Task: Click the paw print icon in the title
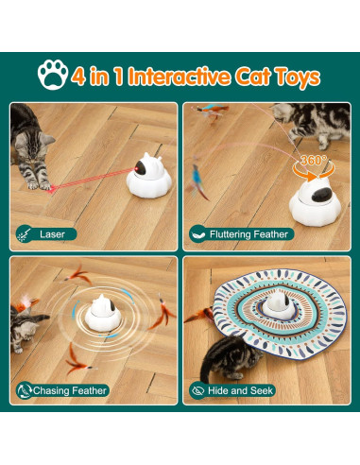[53, 76]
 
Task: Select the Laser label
[53, 233]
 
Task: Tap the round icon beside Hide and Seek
[197, 389]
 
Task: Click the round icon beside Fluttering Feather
[197, 233]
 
